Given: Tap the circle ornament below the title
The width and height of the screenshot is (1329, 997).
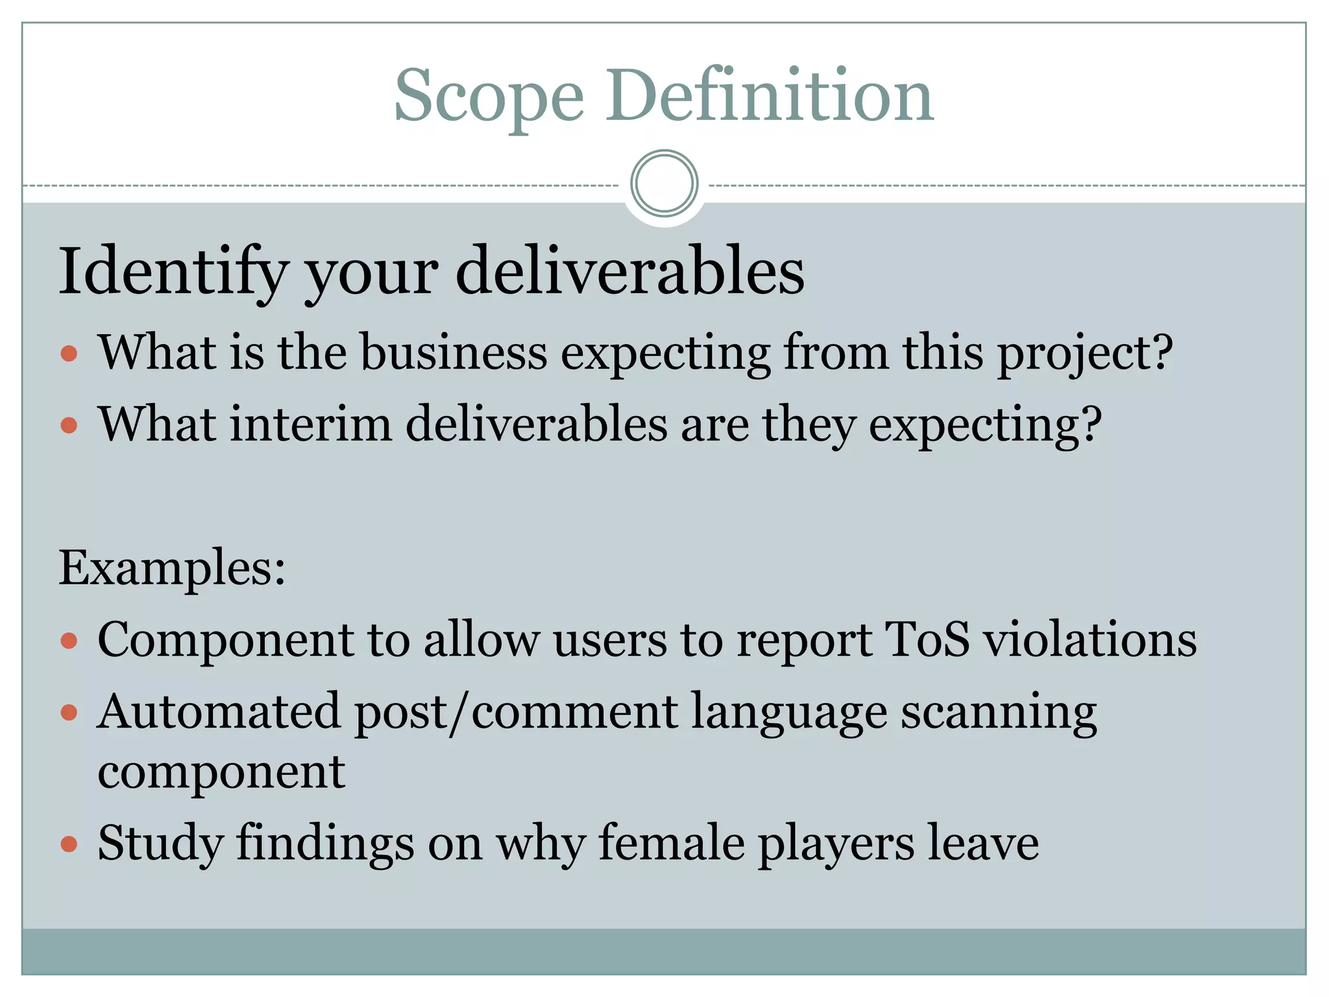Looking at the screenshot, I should pyautogui.click(x=664, y=184).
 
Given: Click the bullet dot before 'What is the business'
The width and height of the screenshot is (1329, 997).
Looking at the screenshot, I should pyautogui.click(x=69, y=354).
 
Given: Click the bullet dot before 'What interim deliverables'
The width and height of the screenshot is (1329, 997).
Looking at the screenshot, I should pyautogui.click(x=69, y=426).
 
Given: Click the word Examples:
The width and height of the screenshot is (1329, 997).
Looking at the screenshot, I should pyautogui.click(x=172, y=568).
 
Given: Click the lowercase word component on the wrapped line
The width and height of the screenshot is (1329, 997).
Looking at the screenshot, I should pyautogui.click(x=221, y=774).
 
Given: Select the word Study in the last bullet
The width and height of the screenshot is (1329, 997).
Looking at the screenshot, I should pyautogui.click(x=160, y=844).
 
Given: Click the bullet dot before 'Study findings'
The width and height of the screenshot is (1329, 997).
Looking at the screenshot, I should pyautogui.click(x=69, y=844).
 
